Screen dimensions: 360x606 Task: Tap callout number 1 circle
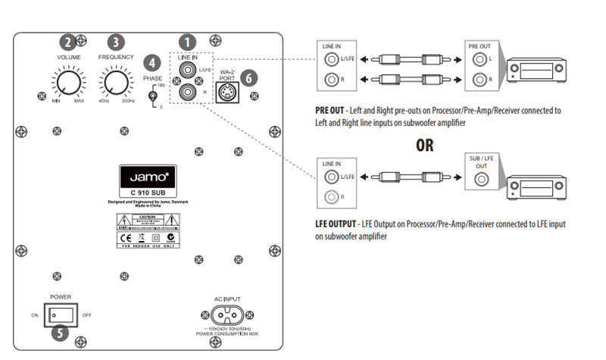point(186,43)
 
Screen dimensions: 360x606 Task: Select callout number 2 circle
point(69,42)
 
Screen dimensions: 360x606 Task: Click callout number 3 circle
point(116,42)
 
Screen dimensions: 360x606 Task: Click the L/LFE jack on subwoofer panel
point(185,71)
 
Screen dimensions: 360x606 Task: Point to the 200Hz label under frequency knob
point(128,100)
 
